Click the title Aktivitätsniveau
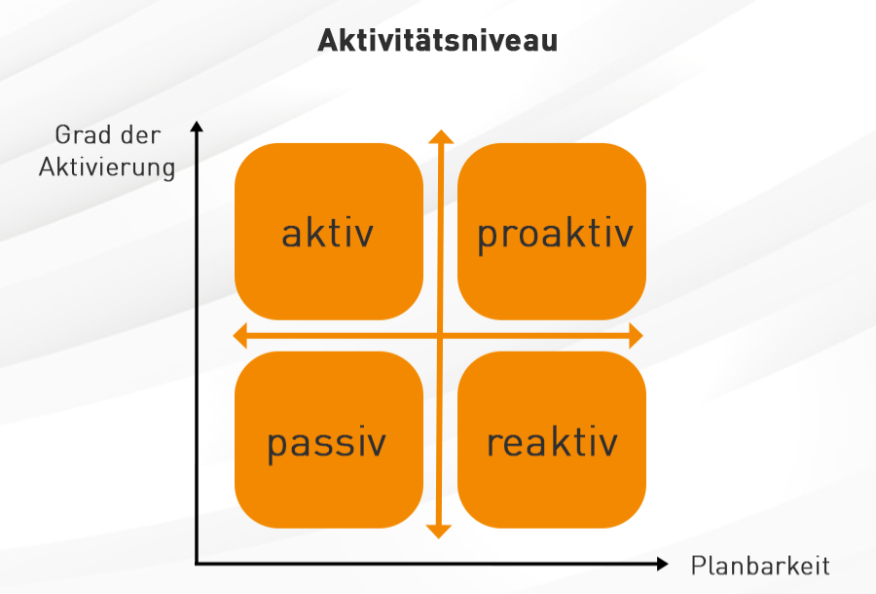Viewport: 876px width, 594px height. click(437, 40)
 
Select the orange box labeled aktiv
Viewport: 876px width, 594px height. click(329, 232)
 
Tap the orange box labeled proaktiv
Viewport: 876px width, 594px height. click(552, 232)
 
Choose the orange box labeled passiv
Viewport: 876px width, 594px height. click(329, 440)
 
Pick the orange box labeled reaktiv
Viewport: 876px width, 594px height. click(552, 440)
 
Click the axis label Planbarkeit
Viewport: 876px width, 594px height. click(760, 566)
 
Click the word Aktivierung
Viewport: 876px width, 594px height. click(107, 167)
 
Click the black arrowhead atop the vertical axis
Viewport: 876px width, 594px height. click(197, 127)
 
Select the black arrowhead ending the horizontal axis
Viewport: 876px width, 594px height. click(663, 564)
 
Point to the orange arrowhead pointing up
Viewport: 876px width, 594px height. click(441, 137)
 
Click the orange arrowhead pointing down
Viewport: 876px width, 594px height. click(439, 532)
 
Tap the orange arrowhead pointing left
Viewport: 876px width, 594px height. click(239, 335)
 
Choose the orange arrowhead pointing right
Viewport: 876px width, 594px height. click(637, 335)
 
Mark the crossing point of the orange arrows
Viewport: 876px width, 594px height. click(440, 336)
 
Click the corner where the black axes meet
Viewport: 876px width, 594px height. click(197, 564)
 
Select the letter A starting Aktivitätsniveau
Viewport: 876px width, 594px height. click(329, 40)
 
